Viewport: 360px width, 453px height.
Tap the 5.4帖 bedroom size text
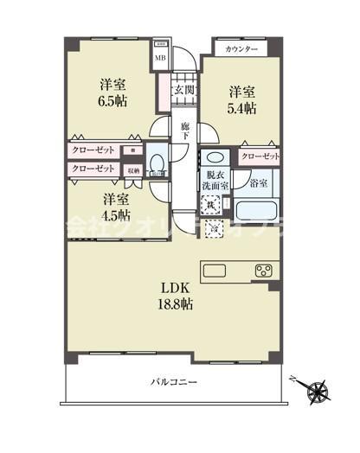242,108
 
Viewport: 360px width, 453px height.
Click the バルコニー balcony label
174,381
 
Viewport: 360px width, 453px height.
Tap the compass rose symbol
320,391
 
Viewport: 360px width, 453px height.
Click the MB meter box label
159,59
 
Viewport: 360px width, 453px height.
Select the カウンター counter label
241,49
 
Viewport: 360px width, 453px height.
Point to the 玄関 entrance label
183,90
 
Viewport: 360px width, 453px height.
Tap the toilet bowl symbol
157,163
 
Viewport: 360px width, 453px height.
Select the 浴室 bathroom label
258,182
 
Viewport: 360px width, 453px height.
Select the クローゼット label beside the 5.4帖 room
260,156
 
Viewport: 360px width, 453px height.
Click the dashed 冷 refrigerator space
212,228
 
